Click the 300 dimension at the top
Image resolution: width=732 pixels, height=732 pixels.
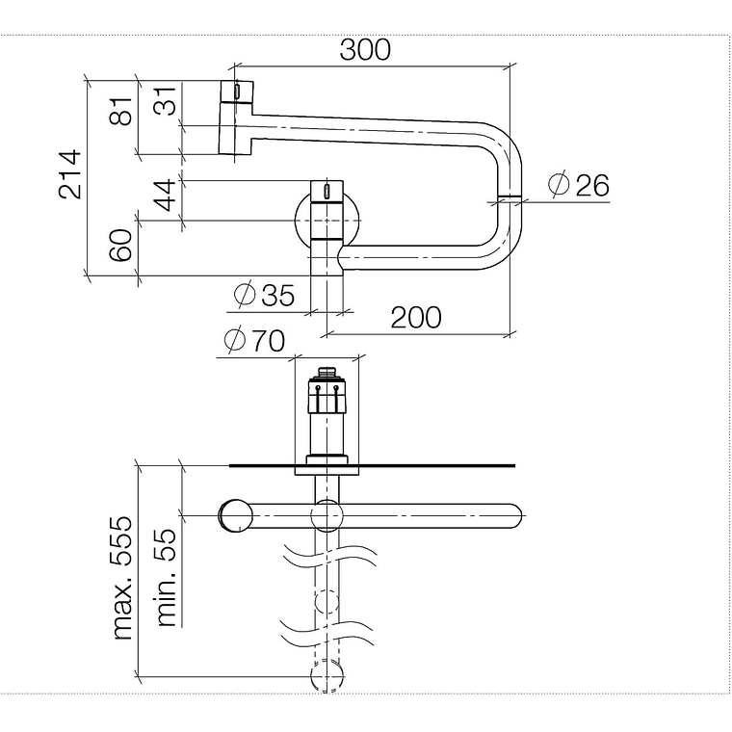tap(365, 49)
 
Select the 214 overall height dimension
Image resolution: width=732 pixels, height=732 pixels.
tap(69, 174)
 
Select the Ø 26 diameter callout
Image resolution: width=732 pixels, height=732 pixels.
tap(578, 184)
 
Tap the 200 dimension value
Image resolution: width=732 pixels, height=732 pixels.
tap(416, 316)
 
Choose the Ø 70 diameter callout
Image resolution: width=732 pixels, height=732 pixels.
tap(254, 341)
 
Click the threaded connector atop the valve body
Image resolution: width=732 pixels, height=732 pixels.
tap(327, 371)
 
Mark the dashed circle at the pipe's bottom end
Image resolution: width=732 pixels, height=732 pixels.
tap(327, 676)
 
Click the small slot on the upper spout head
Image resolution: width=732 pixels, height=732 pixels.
tap(236, 91)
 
